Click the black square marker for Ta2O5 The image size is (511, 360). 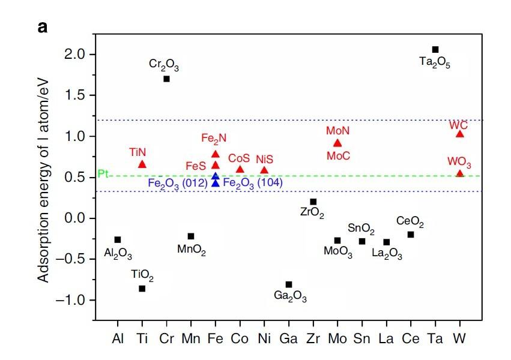pos(435,49)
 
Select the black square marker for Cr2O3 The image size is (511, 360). pos(166,79)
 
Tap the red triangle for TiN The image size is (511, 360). pos(142,164)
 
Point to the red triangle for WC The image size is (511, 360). pos(460,134)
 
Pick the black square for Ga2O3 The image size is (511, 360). pos(289,284)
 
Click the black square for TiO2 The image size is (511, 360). pos(142,289)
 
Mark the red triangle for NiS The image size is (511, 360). pos(264,170)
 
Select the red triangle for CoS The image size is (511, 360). pos(240,169)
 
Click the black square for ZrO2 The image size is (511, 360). pos(313,202)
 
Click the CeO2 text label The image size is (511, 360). pos(410,224)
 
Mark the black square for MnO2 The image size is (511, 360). pos(191,236)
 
